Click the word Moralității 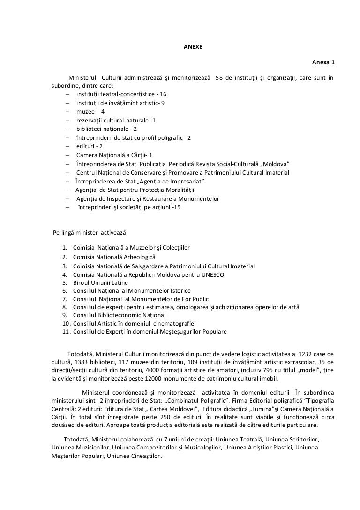tap(178, 190)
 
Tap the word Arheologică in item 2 tap(141, 257)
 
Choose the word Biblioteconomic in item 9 tap(116, 315)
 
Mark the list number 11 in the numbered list tap(65, 332)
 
